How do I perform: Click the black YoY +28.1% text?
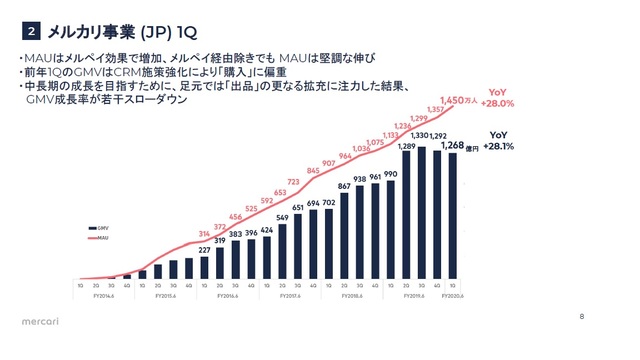(x=497, y=141)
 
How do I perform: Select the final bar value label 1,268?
(x=452, y=145)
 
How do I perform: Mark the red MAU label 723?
(x=293, y=181)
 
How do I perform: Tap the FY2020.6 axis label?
(x=453, y=296)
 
